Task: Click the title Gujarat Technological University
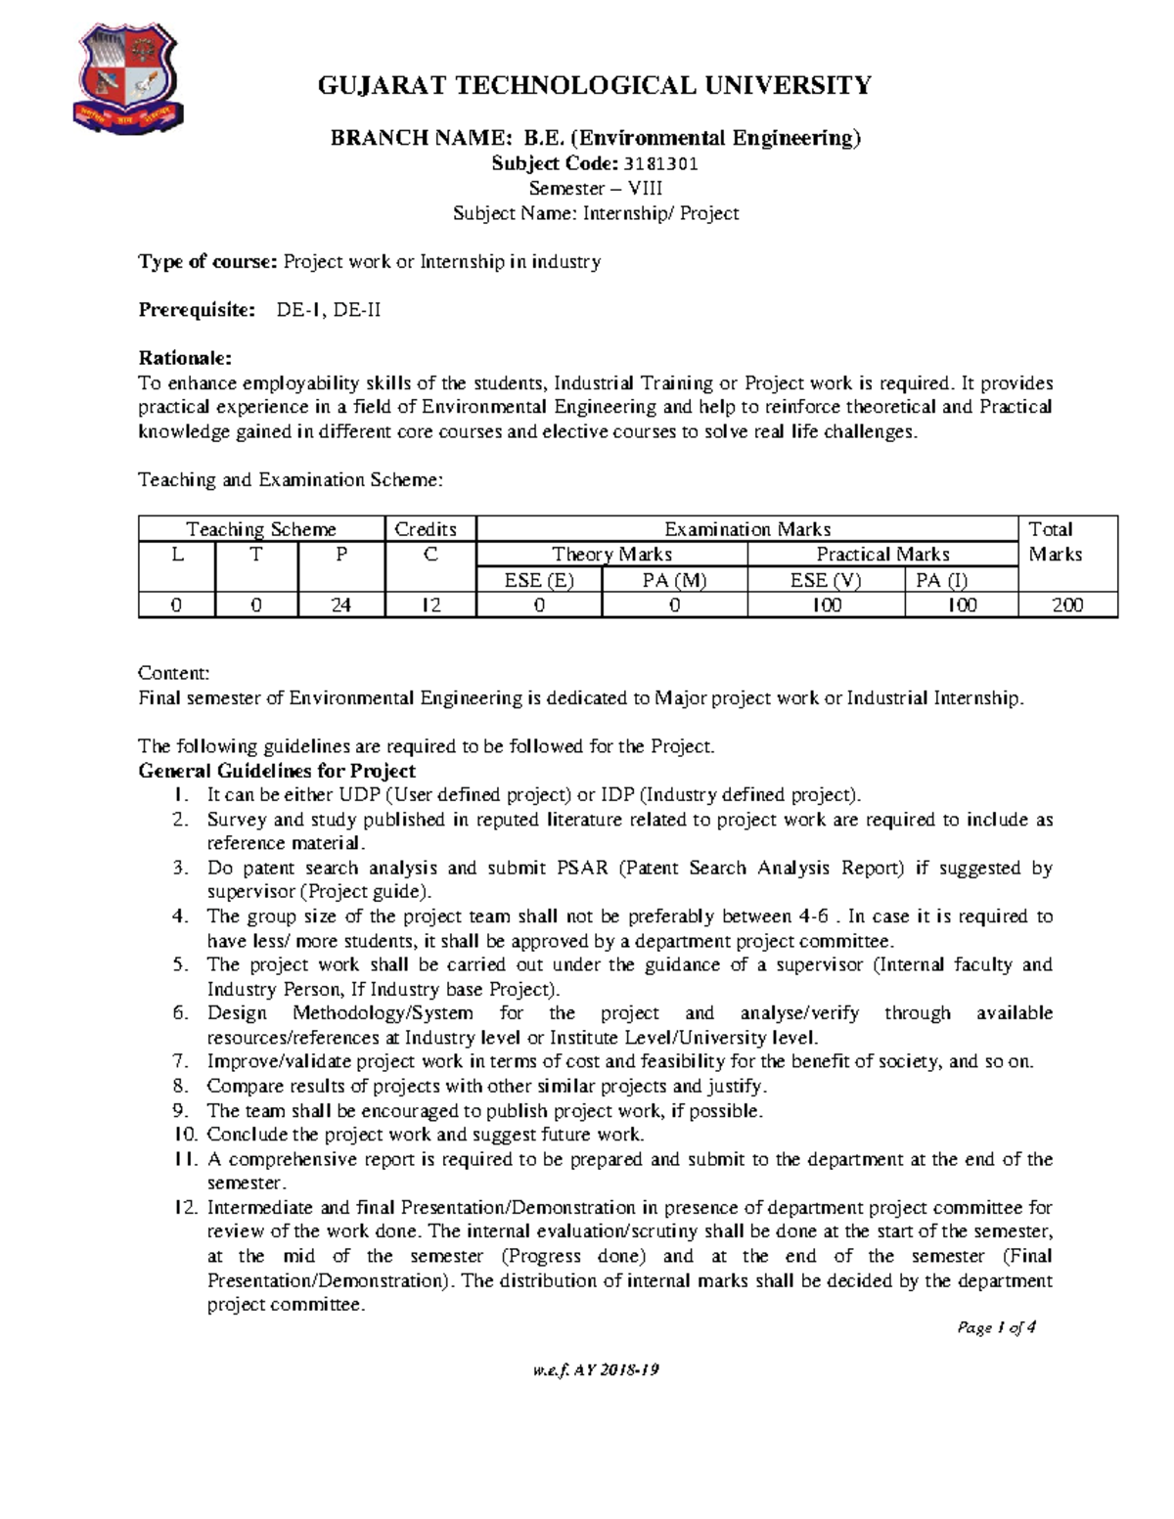(x=594, y=86)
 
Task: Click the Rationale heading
(x=185, y=358)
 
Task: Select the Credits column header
(x=426, y=529)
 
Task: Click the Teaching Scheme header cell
(x=261, y=529)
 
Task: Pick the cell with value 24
(x=340, y=605)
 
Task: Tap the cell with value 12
(x=430, y=605)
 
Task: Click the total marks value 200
(x=1066, y=605)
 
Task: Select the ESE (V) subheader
(x=825, y=580)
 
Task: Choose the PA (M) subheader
(x=674, y=580)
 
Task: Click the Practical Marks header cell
(x=882, y=555)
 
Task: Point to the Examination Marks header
(x=746, y=529)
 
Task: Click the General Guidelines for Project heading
(x=277, y=771)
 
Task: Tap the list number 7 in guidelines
(x=180, y=1061)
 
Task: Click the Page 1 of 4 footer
(x=996, y=1327)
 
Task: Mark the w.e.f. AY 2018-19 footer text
(x=595, y=1369)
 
